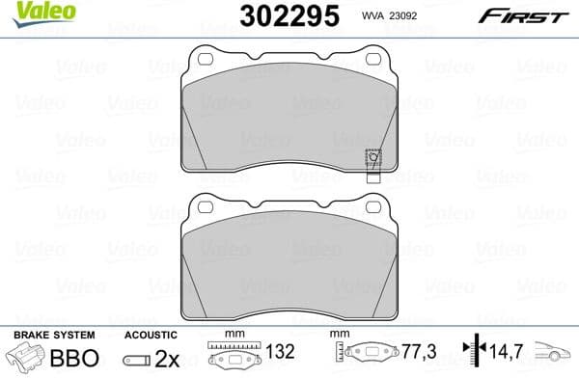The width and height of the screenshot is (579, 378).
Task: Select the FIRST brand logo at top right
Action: (x=525, y=16)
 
